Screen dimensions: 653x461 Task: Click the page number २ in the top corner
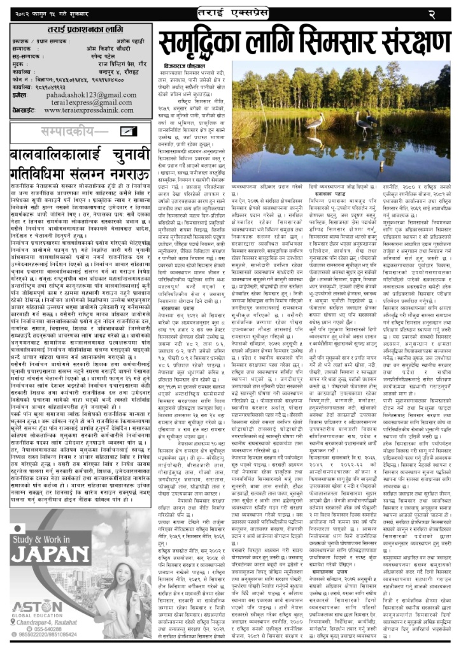(447, 12)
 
